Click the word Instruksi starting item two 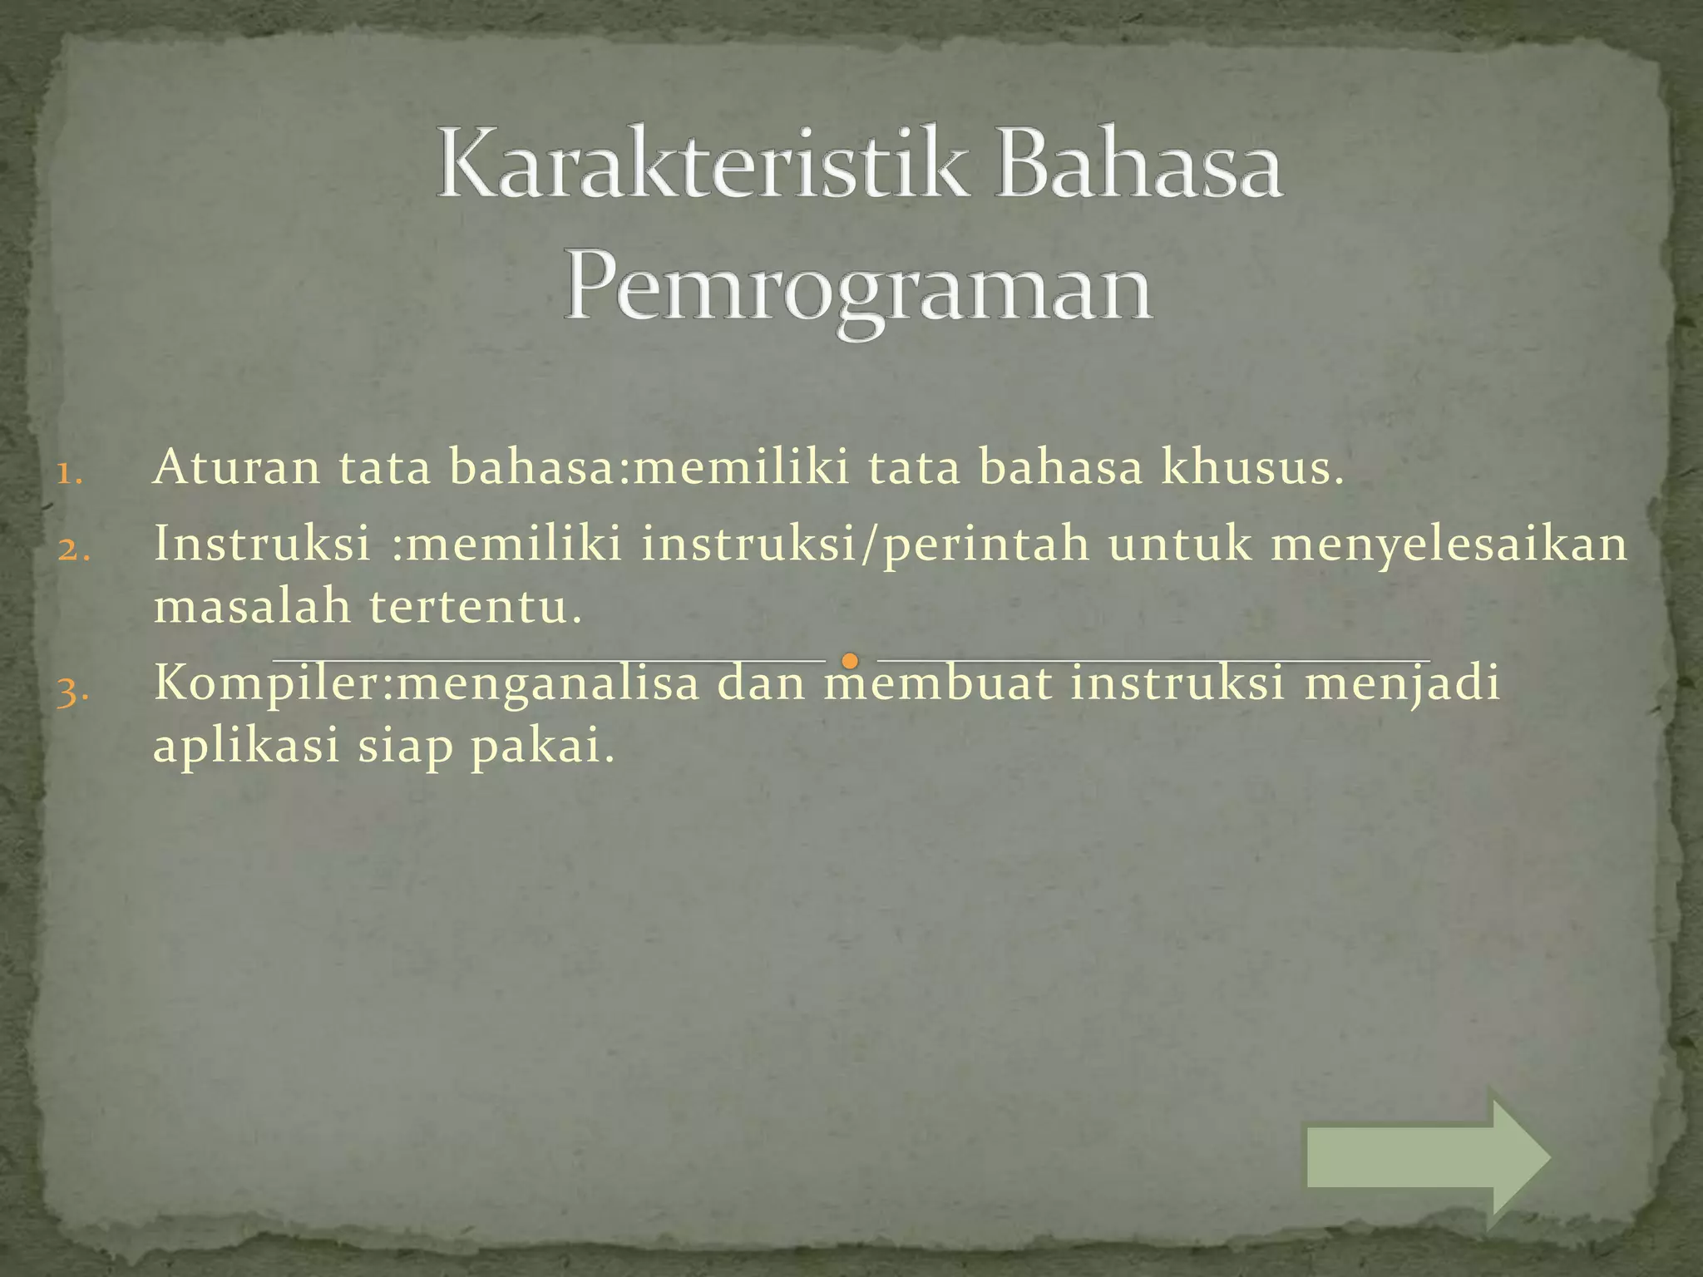coord(263,544)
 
